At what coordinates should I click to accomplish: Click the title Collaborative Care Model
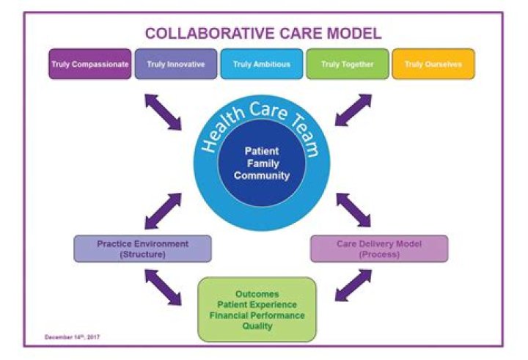click(x=263, y=33)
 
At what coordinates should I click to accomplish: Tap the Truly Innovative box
click(x=175, y=64)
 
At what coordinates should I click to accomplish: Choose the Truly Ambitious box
click(x=261, y=64)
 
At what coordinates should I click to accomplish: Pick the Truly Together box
click(x=347, y=64)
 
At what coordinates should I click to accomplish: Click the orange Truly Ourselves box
click(x=433, y=64)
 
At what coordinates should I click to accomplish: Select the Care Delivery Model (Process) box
click(x=378, y=249)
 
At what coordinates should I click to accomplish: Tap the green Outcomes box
click(x=257, y=309)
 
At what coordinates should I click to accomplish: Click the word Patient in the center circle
click(x=262, y=150)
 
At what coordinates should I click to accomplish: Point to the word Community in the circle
click(x=262, y=175)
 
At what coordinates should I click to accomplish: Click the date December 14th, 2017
click(x=72, y=337)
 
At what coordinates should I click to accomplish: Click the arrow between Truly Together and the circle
click(x=353, y=111)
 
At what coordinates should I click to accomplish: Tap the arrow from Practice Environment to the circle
click(x=163, y=210)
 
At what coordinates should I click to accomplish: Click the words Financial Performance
click(x=257, y=315)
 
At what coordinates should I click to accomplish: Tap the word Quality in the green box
click(x=257, y=326)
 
